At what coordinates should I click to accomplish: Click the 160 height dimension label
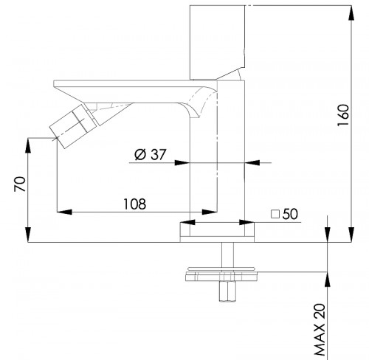click(x=343, y=115)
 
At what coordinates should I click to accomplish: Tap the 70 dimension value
click(x=20, y=184)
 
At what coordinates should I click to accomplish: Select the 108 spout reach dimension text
click(x=134, y=204)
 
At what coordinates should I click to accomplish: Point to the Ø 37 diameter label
click(x=151, y=155)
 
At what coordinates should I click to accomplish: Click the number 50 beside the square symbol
click(x=290, y=214)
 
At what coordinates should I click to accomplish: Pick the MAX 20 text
click(x=320, y=330)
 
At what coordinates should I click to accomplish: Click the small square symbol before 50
click(x=275, y=214)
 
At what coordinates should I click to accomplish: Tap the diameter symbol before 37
click(x=140, y=155)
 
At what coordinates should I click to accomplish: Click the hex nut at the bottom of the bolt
click(x=227, y=291)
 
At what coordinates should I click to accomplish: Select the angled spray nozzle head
click(x=73, y=126)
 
